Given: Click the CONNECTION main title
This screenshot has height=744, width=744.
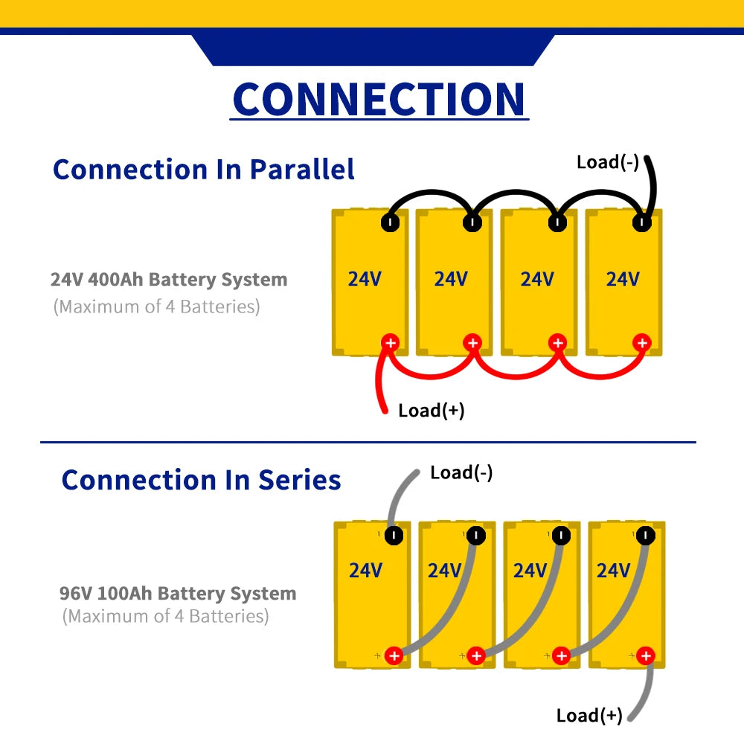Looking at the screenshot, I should point(379,98).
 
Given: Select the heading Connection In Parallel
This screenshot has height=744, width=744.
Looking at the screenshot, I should point(204,169).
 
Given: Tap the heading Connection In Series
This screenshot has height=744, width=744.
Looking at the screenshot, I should point(201,480).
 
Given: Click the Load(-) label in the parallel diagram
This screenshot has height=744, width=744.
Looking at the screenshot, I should point(607,161).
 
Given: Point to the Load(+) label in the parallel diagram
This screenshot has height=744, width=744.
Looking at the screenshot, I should point(432,410).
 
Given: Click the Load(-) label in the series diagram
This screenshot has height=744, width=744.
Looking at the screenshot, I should point(461,472).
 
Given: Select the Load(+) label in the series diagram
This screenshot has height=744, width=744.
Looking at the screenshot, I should point(589,715).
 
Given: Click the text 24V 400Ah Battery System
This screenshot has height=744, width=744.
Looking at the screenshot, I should point(169,280).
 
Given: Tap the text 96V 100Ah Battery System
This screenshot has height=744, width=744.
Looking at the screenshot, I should point(178,594).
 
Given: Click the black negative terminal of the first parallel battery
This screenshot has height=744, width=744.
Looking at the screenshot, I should point(390,222).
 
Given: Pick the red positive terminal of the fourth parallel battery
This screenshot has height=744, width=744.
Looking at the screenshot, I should point(641,343).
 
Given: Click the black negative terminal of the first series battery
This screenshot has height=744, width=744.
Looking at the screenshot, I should point(394,535).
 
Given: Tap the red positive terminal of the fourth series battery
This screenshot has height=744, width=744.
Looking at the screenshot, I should point(645,656).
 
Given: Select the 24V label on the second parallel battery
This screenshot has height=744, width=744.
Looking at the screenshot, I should point(451,279).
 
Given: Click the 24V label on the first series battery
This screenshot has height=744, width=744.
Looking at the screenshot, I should point(365,571).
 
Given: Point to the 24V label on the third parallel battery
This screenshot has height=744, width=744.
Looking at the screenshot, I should point(536,279).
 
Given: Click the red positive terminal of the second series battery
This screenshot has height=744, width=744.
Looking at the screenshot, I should point(477,656).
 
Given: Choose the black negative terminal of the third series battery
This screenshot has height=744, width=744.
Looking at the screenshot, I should point(562,535).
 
